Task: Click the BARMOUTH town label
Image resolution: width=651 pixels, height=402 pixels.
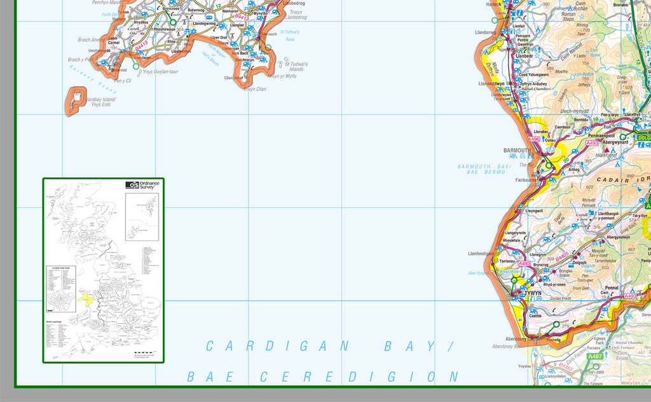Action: pos(517,151)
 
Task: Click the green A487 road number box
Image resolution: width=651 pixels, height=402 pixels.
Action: pos(595,356)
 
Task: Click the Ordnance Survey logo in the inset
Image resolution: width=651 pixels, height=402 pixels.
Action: pos(143,185)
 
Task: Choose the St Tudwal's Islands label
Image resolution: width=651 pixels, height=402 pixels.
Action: pos(296,67)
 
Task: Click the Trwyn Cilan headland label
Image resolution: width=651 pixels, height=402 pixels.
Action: pos(255,89)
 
